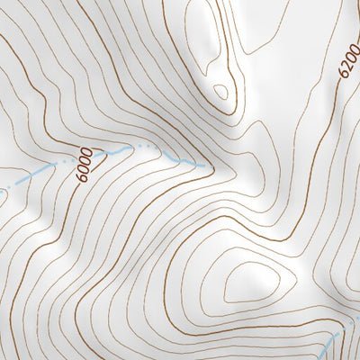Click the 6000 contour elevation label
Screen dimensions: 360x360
pyautogui.click(x=85, y=165)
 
